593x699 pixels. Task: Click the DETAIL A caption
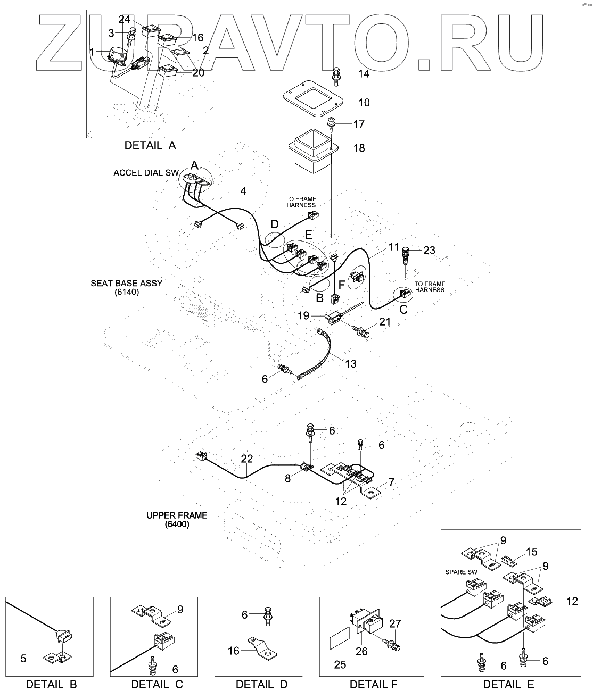click(150, 145)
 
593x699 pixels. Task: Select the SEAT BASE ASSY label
click(126, 284)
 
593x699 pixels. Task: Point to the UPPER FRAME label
click(177, 515)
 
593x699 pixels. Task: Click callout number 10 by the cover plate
click(364, 103)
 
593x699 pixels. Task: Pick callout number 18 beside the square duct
click(359, 148)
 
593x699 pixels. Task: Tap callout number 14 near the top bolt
click(363, 74)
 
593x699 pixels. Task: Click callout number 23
click(429, 250)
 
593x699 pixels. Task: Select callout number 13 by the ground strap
click(350, 364)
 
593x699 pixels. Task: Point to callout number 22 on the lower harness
click(246, 459)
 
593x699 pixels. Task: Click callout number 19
click(303, 316)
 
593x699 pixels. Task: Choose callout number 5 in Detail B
click(23, 658)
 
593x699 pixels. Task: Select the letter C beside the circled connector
click(403, 310)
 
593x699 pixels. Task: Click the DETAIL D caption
click(261, 684)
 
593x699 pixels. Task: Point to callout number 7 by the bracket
click(391, 482)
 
